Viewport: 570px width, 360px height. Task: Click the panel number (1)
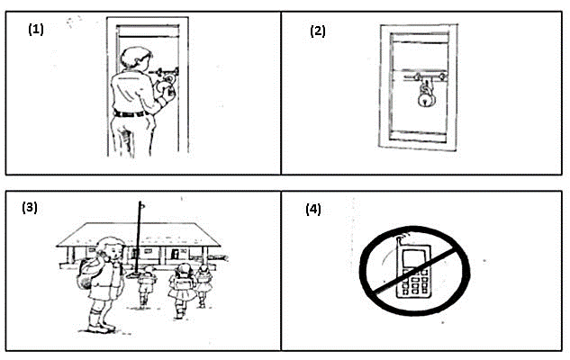[35, 28]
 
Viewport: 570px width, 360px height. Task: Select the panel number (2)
[318, 31]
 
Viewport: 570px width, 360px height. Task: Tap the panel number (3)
[30, 208]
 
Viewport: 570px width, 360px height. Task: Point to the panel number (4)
[312, 210]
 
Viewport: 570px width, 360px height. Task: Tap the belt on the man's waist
[131, 113]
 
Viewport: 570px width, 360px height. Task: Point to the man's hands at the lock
[166, 87]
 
